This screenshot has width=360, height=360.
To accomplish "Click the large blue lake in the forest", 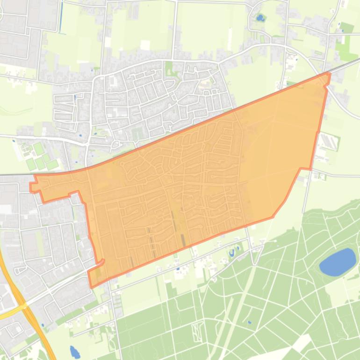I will [338, 262].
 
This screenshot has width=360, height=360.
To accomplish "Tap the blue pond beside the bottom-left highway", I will [74, 352].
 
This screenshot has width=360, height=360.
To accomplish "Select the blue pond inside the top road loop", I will [259, 18].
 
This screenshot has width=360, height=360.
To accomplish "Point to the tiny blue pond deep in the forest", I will [249, 322].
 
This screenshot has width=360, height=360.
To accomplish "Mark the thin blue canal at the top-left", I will [61, 16].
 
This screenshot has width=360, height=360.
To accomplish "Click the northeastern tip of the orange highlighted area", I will [329, 74].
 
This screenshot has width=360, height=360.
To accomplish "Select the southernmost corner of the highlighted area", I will [92, 286].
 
